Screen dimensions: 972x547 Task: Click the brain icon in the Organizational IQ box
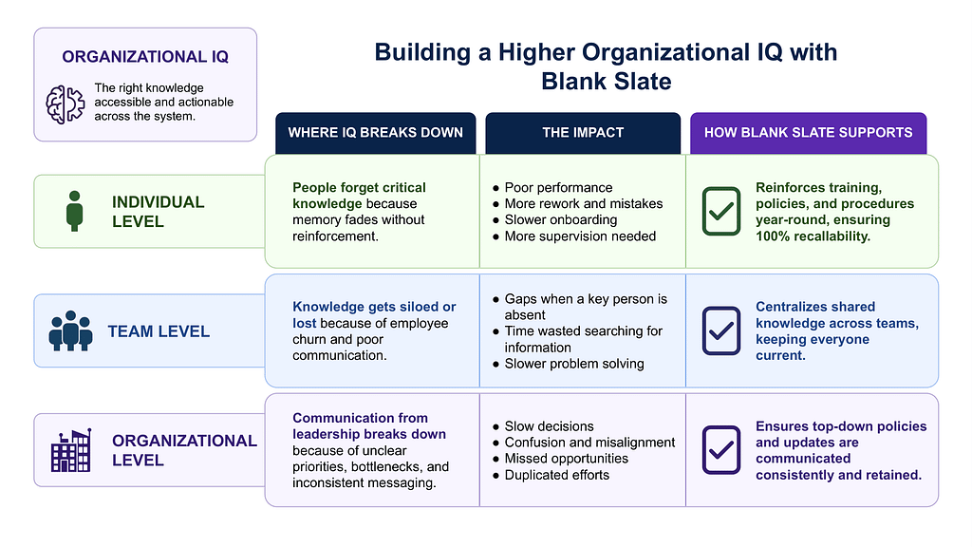coord(65,104)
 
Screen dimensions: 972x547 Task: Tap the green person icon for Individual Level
coord(74,211)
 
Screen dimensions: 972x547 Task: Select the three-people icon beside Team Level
coord(70,330)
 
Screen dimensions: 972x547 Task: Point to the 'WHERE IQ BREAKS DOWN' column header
coord(376,133)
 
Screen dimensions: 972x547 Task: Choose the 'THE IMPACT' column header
coord(583,133)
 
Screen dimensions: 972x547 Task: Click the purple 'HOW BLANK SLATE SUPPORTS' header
coord(809,133)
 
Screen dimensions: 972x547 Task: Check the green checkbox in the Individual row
coord(721,212)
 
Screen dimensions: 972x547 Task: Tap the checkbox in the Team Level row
coord(721,330)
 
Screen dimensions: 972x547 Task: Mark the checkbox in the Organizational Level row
coord(721,449)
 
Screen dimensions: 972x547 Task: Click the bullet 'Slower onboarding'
coord(554,219)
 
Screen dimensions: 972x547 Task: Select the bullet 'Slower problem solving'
coord(569,364)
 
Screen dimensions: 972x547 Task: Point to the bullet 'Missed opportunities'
coord(560,459)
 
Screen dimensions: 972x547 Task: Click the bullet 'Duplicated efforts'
coord(551,475)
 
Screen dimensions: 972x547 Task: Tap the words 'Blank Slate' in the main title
coord(607,82)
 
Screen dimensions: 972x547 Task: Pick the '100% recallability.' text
coord(813,236)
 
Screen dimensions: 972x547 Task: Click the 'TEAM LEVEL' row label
coord(159,331)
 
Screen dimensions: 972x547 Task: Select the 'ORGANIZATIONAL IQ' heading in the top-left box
coord(145,56)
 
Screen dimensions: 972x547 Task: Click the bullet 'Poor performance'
coord(552,187)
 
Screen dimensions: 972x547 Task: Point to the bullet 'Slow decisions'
coord(543,426)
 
